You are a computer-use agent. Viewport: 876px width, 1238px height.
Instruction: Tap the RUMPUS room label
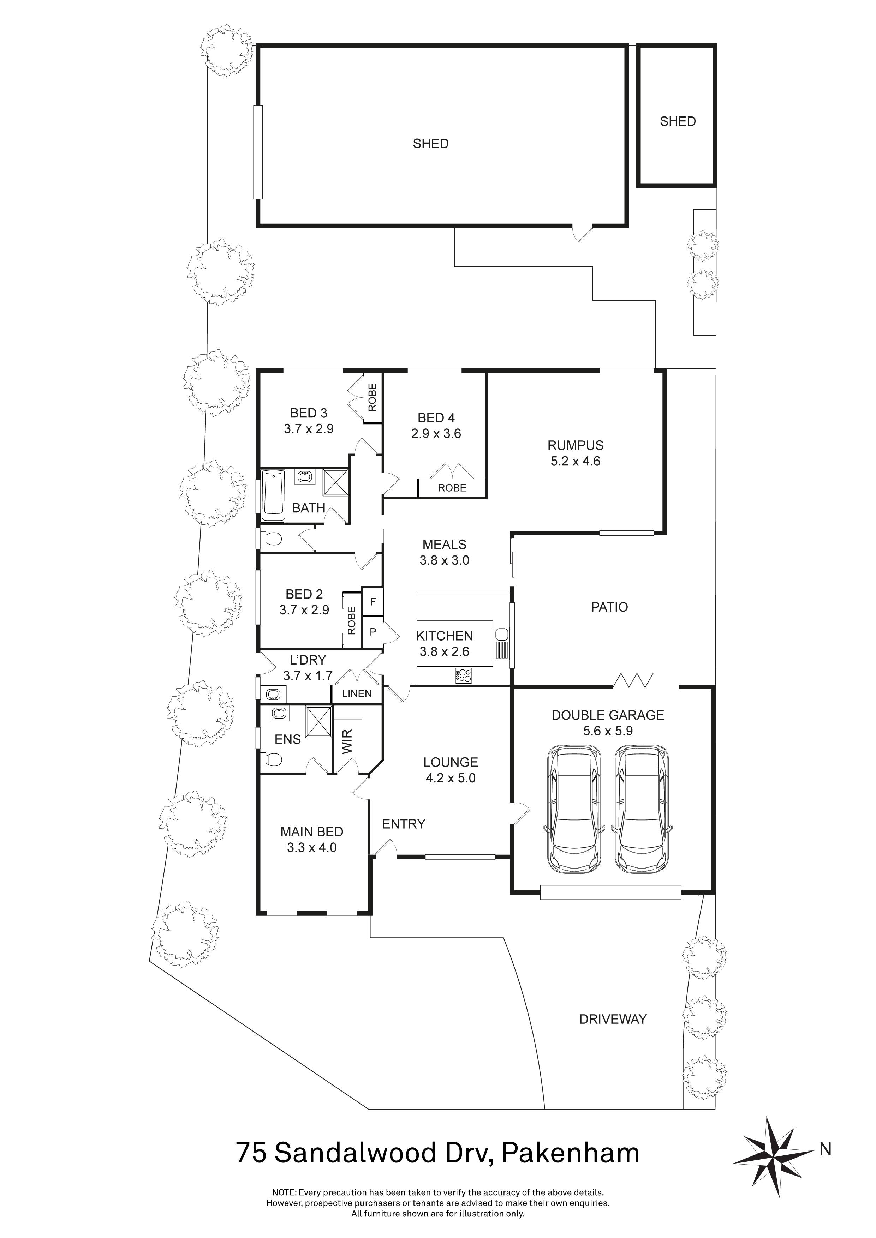[x=575, y=445]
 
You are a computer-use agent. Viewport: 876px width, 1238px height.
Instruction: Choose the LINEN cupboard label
[x=357, y=693]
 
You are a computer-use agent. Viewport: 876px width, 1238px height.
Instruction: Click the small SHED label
[x=678, y=121]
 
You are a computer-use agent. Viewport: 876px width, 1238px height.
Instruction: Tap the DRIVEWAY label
[x=612, y=1019]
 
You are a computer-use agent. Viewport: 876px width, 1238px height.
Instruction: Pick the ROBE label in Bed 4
[x=452, y=488]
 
